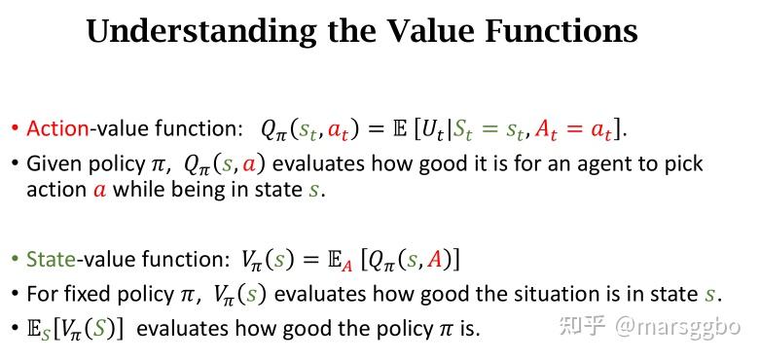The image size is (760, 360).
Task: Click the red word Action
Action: pos(57,128)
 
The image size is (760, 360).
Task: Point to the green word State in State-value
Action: pos(52,259)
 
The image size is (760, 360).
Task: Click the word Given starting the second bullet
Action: pos(54,163)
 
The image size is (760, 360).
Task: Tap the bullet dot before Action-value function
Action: pos(15,129)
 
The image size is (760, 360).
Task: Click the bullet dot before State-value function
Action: pos(15,260)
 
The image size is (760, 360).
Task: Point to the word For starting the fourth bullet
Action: pos(42,293)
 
